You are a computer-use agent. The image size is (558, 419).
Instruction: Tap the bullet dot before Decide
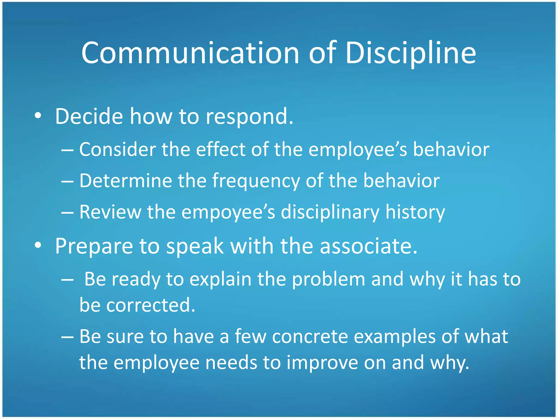(x=38, y=116)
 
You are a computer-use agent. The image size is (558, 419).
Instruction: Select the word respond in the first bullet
(x=249, y=117)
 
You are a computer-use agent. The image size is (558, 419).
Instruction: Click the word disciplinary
(x=330, y=212)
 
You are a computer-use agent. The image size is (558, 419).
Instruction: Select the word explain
(x=220, y=279)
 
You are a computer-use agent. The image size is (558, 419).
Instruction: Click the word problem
(x=328, y=279)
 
